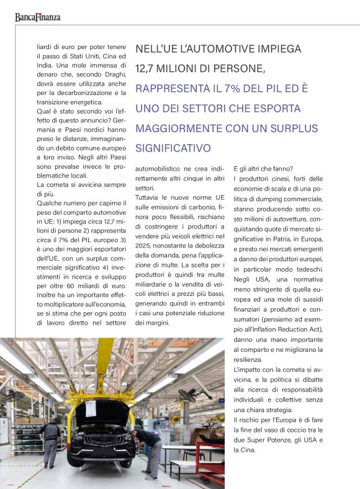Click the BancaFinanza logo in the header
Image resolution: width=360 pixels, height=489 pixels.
tap(38, 17)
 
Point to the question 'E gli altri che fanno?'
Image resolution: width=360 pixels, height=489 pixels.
tap(263, 169)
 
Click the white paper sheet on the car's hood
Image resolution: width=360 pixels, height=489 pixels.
tap(91, 408)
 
